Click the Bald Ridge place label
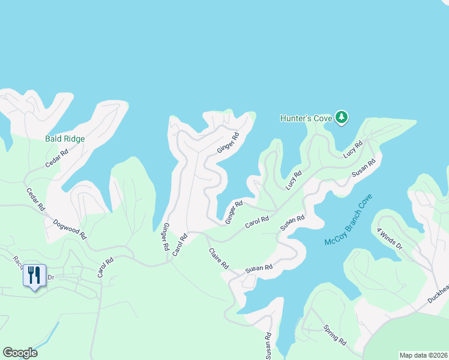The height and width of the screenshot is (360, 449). pos(65,139)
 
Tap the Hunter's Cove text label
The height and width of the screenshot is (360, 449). pos(306,118)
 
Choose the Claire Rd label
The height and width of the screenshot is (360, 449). pos(219,258)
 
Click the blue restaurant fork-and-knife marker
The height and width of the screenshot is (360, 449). pos(34,276)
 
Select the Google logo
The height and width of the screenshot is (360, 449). pos(20,353)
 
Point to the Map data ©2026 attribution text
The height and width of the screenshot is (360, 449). pos(424,355)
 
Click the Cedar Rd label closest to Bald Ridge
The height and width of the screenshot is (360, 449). pos(57,158)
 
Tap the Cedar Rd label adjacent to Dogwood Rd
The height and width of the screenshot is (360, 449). pos(35,199)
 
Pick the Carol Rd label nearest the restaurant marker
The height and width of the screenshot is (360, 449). pos(105,268)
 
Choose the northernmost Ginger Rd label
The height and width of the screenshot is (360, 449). pos(228,142)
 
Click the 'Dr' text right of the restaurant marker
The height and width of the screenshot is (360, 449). pos(51,277)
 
